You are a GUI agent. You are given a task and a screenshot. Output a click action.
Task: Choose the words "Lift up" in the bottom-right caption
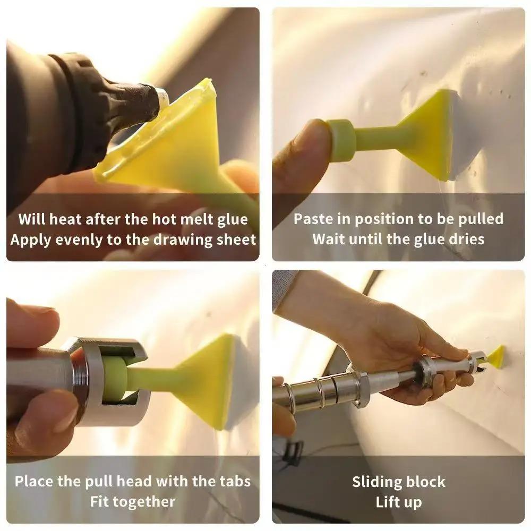point(398,502)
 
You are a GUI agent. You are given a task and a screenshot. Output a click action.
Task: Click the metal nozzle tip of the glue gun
point(161,98)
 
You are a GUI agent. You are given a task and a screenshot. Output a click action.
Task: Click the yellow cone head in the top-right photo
point(427,133)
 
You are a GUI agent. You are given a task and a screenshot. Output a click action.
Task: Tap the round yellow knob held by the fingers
point(341,140)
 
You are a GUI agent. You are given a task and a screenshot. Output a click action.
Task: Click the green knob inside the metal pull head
point(116,378)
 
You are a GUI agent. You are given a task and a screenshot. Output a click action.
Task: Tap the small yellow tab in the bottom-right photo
point(496,356)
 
